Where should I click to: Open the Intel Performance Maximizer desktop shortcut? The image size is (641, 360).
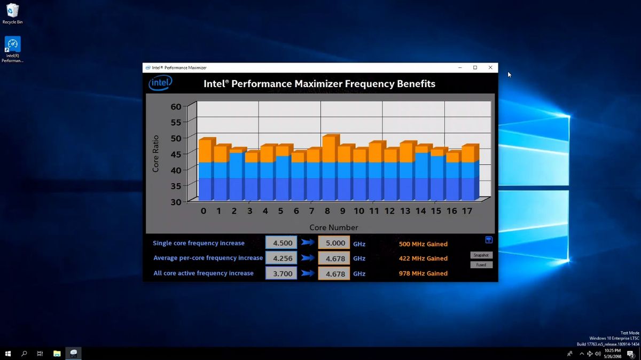pyautogui.click(x=12, y=48)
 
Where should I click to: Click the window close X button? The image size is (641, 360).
pyautogui.click(x=490, y=68)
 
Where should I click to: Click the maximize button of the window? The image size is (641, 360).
pyautogui.click(x=475, y=68)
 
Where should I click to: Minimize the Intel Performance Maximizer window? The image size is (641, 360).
pyautogui.click(x=459, y=68)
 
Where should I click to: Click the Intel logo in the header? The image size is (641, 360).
pyautogui.click(x=160, y=83)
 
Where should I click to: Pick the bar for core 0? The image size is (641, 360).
pyautogui.click(x=206, y=170)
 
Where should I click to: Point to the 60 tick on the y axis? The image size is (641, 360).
pyautogui.click(x=176, y=106)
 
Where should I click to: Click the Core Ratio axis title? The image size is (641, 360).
pyautogui.click(x=156, y=154)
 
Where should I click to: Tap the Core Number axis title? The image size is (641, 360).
pyautogui.click(x=333, y=228)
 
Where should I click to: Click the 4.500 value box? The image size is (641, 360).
pyautogui.click(x=281, y=243)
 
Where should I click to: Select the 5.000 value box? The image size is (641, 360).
pyautogui.click(x=334, y=243)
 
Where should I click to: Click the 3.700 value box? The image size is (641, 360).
pyautogui.click(x=281, y=273)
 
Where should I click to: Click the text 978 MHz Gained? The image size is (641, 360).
pyautogui.click(x=423, y=273)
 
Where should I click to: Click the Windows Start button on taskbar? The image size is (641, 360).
pyautogui.click(x=8, y=354)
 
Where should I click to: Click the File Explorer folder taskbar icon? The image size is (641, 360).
pyautogui.click(x=57, y=354)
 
